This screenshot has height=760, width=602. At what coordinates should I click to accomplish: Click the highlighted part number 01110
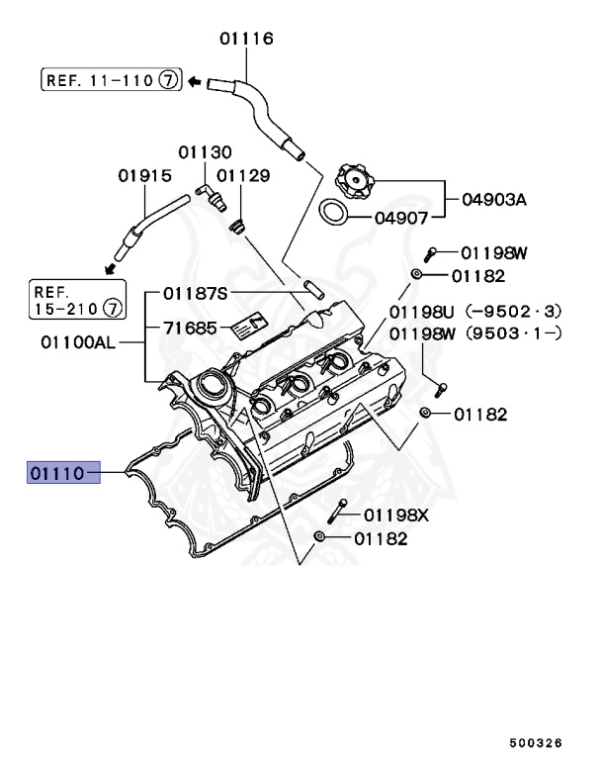pyautogui.click(x=58, y=473)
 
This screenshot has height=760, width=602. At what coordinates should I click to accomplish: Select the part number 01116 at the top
pyautogui.click(x=246, y=39)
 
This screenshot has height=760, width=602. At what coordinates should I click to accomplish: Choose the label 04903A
pyautogui.click(x=493, y=199)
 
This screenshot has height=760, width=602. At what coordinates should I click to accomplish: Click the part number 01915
pyautogui.click(x=144, y=175)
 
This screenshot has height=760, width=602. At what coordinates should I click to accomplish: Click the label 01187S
pyautogui.click(x=195, y=292)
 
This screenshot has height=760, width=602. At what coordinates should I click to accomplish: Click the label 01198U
pyautogui.click(x=421, y=314)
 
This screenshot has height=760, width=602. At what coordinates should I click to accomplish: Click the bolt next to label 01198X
pyautogui.click(x=340, y=510)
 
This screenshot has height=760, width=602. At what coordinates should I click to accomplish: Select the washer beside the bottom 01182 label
pyautogui.click(x=318, y=537)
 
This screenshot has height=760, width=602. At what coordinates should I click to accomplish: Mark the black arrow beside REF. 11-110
pyautogui.click(x=196, y=80)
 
